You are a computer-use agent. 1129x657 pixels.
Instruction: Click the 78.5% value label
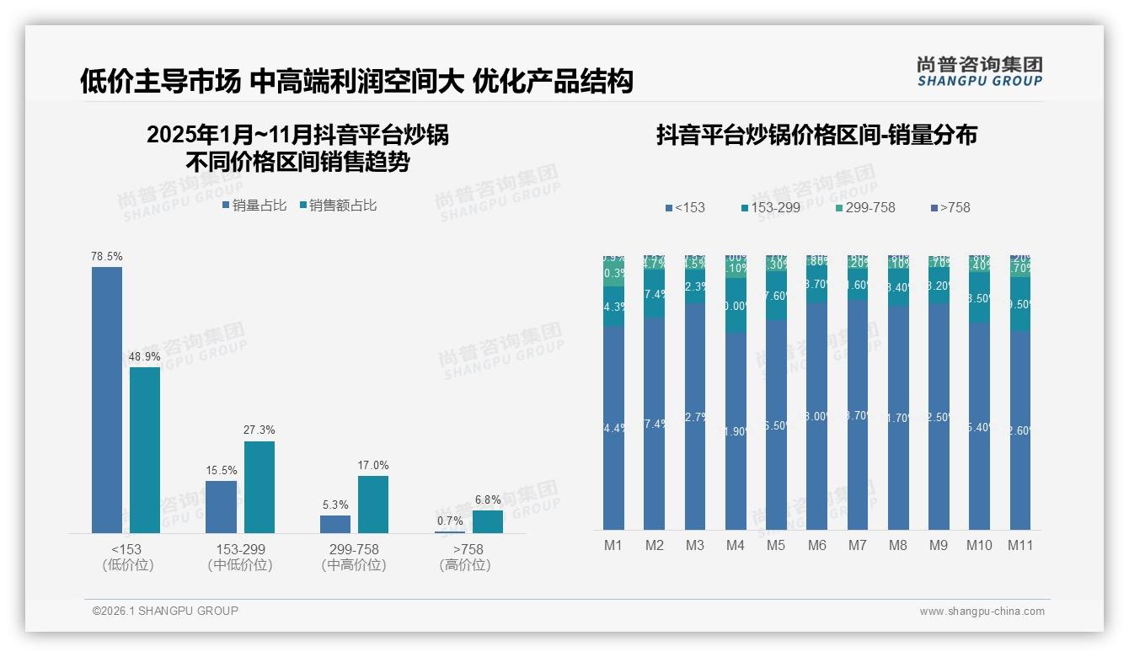coord(107,256)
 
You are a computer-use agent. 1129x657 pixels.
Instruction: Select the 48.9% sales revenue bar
coord(145,450)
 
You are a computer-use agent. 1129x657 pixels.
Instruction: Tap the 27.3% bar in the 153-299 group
coord(260,487)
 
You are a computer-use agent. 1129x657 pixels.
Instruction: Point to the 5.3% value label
coord(335,505)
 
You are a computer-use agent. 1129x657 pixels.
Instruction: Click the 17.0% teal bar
coord(373,504)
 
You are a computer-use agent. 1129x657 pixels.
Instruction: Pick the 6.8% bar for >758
coord(488,521)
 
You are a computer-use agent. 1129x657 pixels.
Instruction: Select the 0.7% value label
coord(450,521)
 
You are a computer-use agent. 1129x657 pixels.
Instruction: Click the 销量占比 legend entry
coord(254,206)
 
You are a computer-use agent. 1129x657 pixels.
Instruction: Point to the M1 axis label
coord(613,545)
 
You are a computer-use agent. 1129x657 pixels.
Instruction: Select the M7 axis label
coord(857,545)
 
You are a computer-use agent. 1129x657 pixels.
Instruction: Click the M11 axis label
coord(1020,545)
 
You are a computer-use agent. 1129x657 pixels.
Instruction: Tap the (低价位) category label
coord(127,565)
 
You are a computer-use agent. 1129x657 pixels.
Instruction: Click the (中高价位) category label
coord(354,565)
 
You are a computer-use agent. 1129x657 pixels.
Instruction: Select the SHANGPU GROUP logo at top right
coord(979,72)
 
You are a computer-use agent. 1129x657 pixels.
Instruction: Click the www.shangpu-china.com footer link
coord(982,612)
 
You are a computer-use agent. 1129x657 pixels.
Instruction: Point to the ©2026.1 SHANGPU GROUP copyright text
coord(165,611)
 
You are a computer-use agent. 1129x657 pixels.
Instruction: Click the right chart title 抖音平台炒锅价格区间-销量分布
coord(816,136)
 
